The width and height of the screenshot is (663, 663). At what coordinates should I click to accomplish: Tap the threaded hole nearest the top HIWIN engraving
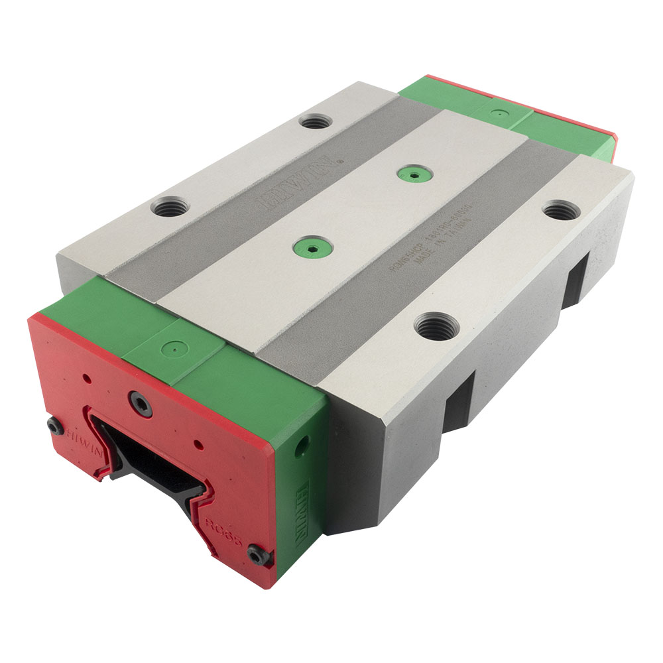click(315, 121)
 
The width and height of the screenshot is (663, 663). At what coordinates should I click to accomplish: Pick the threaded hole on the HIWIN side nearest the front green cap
click(170, 208)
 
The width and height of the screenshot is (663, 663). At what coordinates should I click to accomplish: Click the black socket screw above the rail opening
click(141, 402)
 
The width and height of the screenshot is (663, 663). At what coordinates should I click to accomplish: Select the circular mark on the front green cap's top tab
click(173, 346)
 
